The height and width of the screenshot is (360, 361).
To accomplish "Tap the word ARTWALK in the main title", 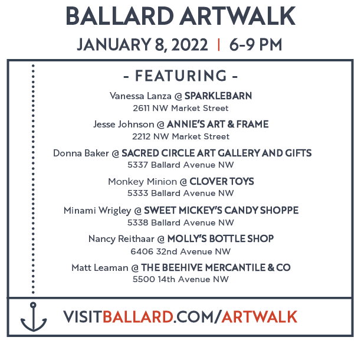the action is [x=237, y=16].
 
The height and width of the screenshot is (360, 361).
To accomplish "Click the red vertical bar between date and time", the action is [x=219, y=45].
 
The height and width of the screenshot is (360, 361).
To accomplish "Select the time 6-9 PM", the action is [x=255, y=45].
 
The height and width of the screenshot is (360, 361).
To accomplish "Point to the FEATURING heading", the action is [x=180, y=76].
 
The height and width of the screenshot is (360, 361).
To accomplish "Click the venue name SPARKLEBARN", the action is [x=218, y=96].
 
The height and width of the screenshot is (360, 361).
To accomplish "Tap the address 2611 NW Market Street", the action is [x=180, y=108].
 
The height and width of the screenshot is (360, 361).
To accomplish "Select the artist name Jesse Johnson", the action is [x=124, y=125].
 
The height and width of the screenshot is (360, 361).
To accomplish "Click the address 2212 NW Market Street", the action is [x=180, y=136].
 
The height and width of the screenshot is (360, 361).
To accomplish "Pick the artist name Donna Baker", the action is [x=81, y=153].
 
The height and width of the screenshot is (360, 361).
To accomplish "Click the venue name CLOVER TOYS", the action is [x=222, y=182].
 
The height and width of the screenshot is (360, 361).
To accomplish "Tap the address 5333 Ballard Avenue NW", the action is [x=180, y=193].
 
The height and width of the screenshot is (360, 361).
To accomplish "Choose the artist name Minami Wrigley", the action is [x=97, y=211].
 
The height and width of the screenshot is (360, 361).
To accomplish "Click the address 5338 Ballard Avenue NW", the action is [x=180, y=222].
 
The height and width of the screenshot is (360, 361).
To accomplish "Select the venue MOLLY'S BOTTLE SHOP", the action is [x=221, y=238].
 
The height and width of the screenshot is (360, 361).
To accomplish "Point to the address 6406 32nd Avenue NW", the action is [x=180, y=251].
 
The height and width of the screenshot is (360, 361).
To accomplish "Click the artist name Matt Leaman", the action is [x=100, y=267].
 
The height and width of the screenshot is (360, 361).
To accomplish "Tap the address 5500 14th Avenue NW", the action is [x=180, y=279].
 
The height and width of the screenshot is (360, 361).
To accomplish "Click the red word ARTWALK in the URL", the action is [x=260, y=317].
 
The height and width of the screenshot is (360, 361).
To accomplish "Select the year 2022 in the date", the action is [x=189, y=45].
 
